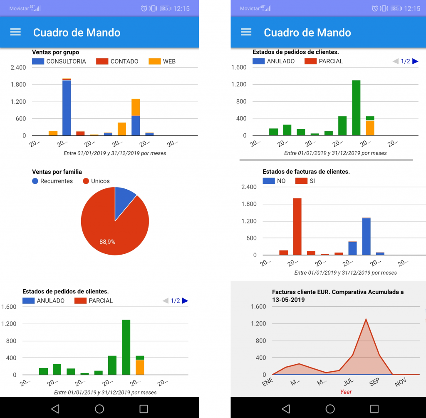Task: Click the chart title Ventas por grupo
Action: coord(55,53)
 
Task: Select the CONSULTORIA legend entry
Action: coord(66,61)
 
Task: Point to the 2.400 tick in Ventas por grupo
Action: coord(18,68)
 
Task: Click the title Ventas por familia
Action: coord(57,172)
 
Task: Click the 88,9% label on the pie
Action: coord(107,241)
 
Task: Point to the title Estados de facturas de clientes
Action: coord(306,172)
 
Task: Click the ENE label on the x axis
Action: coord(268,382)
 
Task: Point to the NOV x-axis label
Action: coord(400,382)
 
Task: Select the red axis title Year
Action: coord(346,392)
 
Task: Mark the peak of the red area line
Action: coord(366,319)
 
